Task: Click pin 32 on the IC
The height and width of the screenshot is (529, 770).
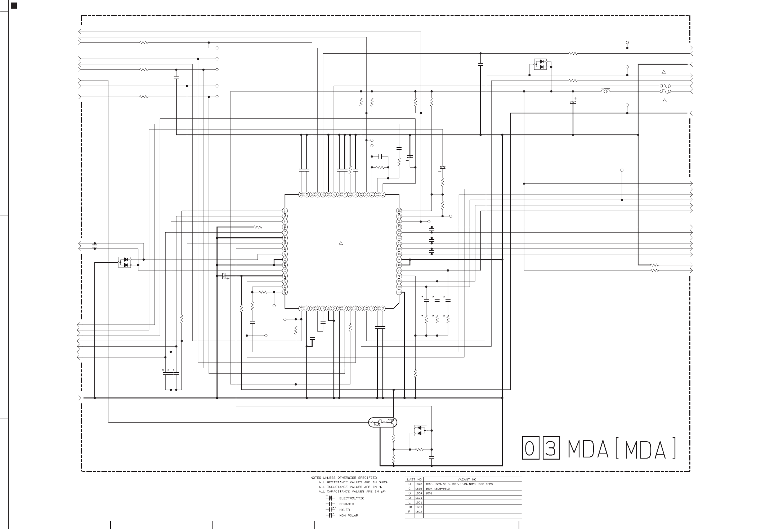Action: pyautogui.click(x=301, y=194)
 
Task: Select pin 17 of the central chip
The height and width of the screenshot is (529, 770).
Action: pyautogui.click(x=383, y=194)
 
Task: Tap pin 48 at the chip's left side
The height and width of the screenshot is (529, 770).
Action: pyautogui.click(x=285, y=292)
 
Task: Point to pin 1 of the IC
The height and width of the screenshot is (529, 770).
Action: pyautogui.click(x=399, y=292)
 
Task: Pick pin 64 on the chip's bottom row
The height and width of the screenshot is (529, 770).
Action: pyautogui.click(x=383, y=308)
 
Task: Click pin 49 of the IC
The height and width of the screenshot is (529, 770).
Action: pyautogui.click(x=301, y=308)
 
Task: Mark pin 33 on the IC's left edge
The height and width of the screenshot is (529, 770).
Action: pyautogui.click(x=285, y=211)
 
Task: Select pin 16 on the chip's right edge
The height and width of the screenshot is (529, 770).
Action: pyautogui.click(x=399, y=211)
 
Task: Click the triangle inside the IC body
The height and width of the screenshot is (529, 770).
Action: pyautogui.click(x=340, y=243)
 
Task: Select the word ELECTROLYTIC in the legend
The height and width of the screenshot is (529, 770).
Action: pyautogui.click(x=352, y=498)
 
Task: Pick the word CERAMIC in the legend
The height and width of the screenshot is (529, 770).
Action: pyautogui.click(x=346, y=504)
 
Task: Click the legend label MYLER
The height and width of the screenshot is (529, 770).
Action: pyautogui.click(x=344, y=510)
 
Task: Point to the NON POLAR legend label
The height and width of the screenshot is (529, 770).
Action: pyautogui.click(x=348, y=516)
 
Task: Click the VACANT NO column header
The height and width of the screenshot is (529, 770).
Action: pyautogui.click(x=467, y=479)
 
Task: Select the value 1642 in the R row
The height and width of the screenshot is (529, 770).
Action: pyautogui.click(x=418, y=484)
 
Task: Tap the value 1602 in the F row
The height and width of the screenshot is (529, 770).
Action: pyautogui.click(x=418, y=512)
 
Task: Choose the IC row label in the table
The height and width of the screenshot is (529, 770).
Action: pyautogui.click(x=409, y=507)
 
